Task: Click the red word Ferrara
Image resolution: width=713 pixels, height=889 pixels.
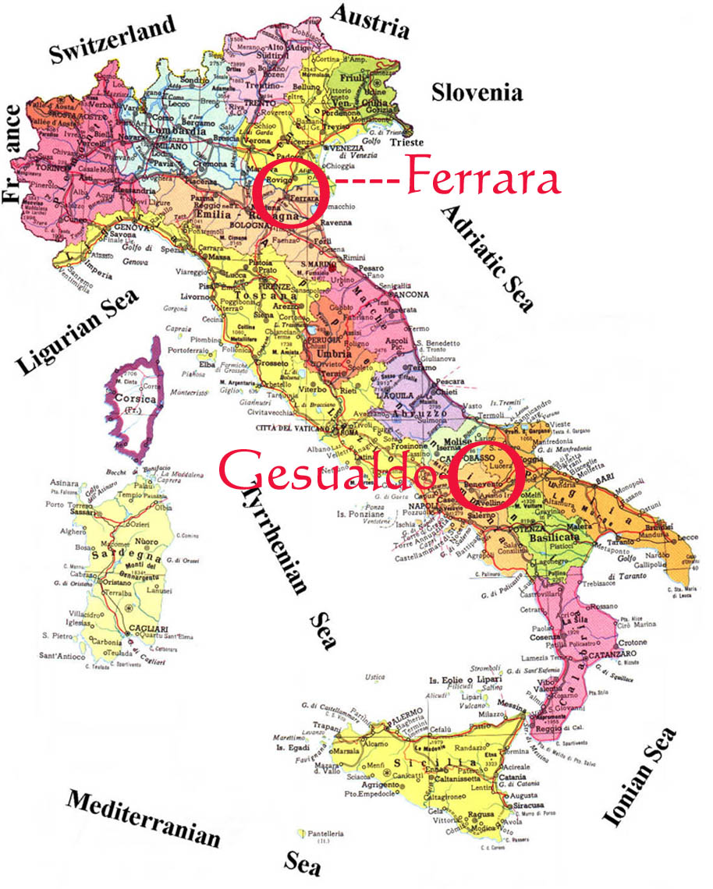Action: (484, 179)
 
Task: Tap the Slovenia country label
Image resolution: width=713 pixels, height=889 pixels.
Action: (477, 93)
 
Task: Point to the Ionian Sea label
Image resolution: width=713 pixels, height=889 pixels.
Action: (637, 777)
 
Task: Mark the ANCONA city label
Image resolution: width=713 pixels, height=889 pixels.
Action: (410, 294)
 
